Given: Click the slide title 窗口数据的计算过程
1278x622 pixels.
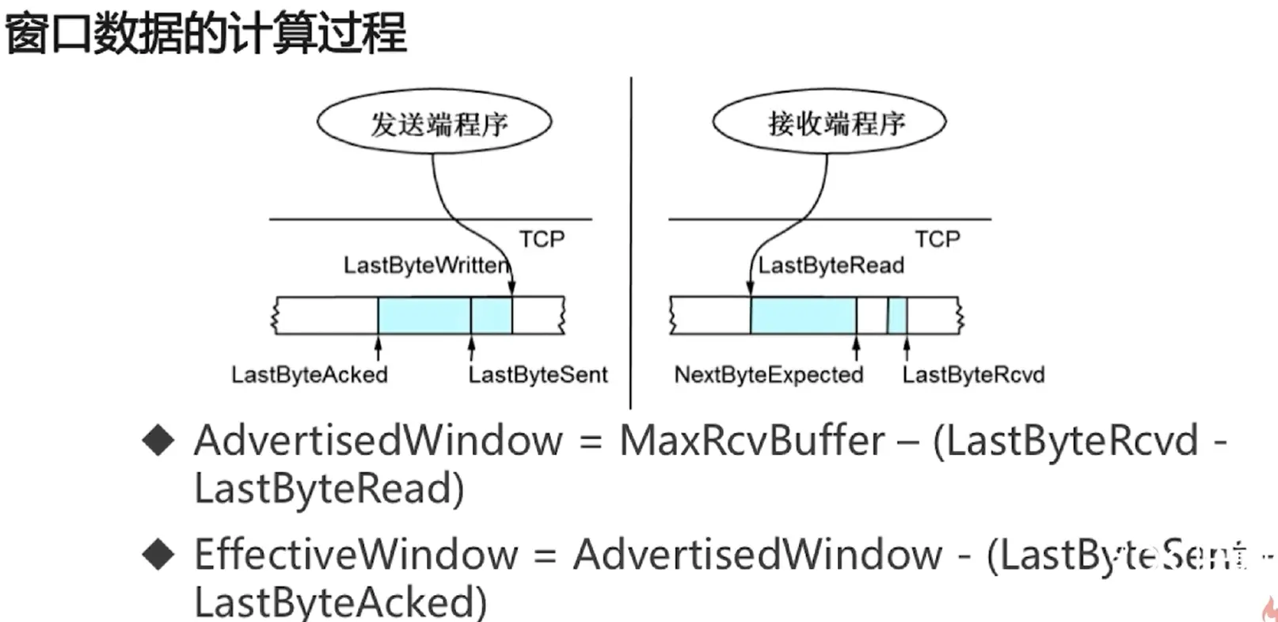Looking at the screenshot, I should [206, 33].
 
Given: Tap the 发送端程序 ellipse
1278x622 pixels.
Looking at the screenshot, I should [434, 123].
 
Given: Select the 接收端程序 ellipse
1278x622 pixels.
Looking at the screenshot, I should [830, 123].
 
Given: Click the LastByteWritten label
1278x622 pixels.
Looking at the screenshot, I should [426, 265].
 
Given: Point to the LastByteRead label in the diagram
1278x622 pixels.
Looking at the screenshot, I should [831, 265].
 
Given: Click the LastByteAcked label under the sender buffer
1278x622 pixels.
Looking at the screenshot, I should [310, 374].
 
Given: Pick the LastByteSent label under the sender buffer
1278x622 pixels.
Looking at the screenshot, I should [538, 374].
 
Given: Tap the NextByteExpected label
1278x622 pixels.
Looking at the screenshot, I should [768, 374].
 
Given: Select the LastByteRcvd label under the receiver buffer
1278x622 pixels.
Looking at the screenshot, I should [973, 374].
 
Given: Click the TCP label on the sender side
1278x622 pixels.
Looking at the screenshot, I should [542, 239].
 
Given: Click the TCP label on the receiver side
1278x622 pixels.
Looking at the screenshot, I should [938, 239].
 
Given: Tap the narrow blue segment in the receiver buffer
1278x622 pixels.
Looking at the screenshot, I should [897, 315].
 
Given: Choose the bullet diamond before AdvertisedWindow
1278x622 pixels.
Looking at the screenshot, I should [158, 441].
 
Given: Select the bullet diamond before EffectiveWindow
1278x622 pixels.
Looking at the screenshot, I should [158, 555].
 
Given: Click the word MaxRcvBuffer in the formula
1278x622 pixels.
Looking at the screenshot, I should [751, 441].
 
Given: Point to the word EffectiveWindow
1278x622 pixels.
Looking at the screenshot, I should [356, 555].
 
